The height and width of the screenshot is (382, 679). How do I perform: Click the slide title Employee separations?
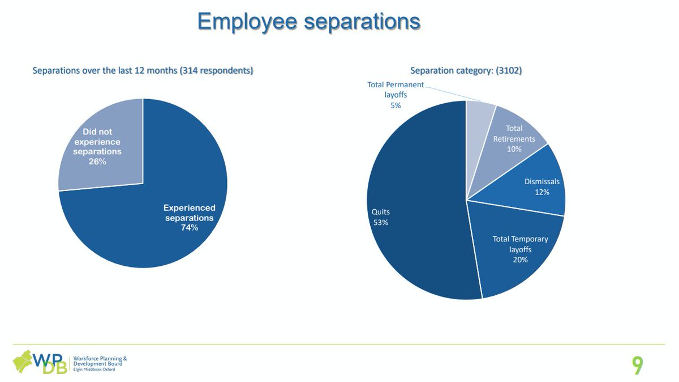click(308, 22)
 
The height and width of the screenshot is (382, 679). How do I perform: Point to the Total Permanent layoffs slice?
click(480, 113)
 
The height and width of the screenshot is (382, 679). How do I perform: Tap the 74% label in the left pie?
click(189, 228)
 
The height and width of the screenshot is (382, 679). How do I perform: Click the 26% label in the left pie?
click(97, 162)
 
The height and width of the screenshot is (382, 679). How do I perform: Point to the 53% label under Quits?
click(381, 222)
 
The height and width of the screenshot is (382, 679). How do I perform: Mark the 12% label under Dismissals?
click(542, 192)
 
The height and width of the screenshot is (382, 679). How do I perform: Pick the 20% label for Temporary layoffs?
click(520, 260)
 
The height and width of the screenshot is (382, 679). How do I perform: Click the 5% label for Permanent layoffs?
click(396, 105)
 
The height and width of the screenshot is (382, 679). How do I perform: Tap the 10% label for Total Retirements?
click(514, 149)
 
